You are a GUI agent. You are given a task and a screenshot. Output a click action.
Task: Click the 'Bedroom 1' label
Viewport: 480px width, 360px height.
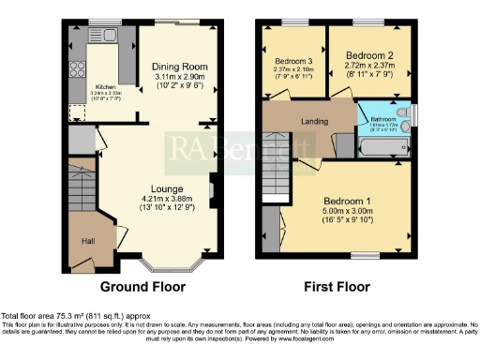tap(348, 202)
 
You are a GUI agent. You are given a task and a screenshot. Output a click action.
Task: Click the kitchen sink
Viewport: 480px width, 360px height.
tap(103, 37)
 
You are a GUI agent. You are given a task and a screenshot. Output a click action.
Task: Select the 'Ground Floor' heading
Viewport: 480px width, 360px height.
tap(142, 287)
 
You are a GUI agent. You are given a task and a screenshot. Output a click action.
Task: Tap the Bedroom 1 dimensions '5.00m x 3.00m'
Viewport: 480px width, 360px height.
tap(348, 213)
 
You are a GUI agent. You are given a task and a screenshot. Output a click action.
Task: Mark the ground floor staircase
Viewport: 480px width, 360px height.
tap(82, 187)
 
